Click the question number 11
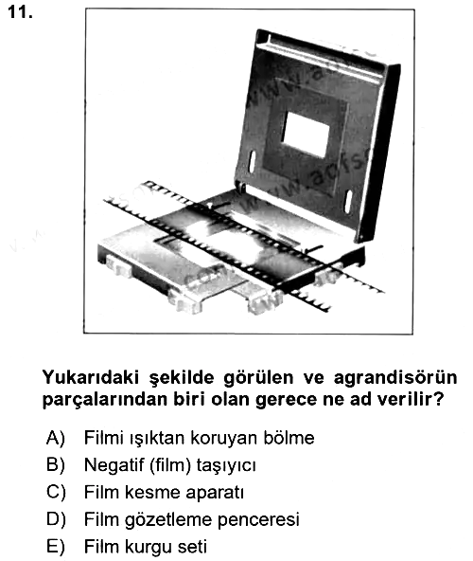[20, 12]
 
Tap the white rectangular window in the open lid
[306, 135]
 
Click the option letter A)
[56, 438]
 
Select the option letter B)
[56, 465]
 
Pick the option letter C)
[56, 493]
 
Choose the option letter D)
[56, 519]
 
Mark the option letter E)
[56, 547]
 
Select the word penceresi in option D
[258, 520]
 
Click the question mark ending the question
[439, 399]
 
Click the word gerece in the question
[286, 400]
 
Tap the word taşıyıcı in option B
[226, 466]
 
